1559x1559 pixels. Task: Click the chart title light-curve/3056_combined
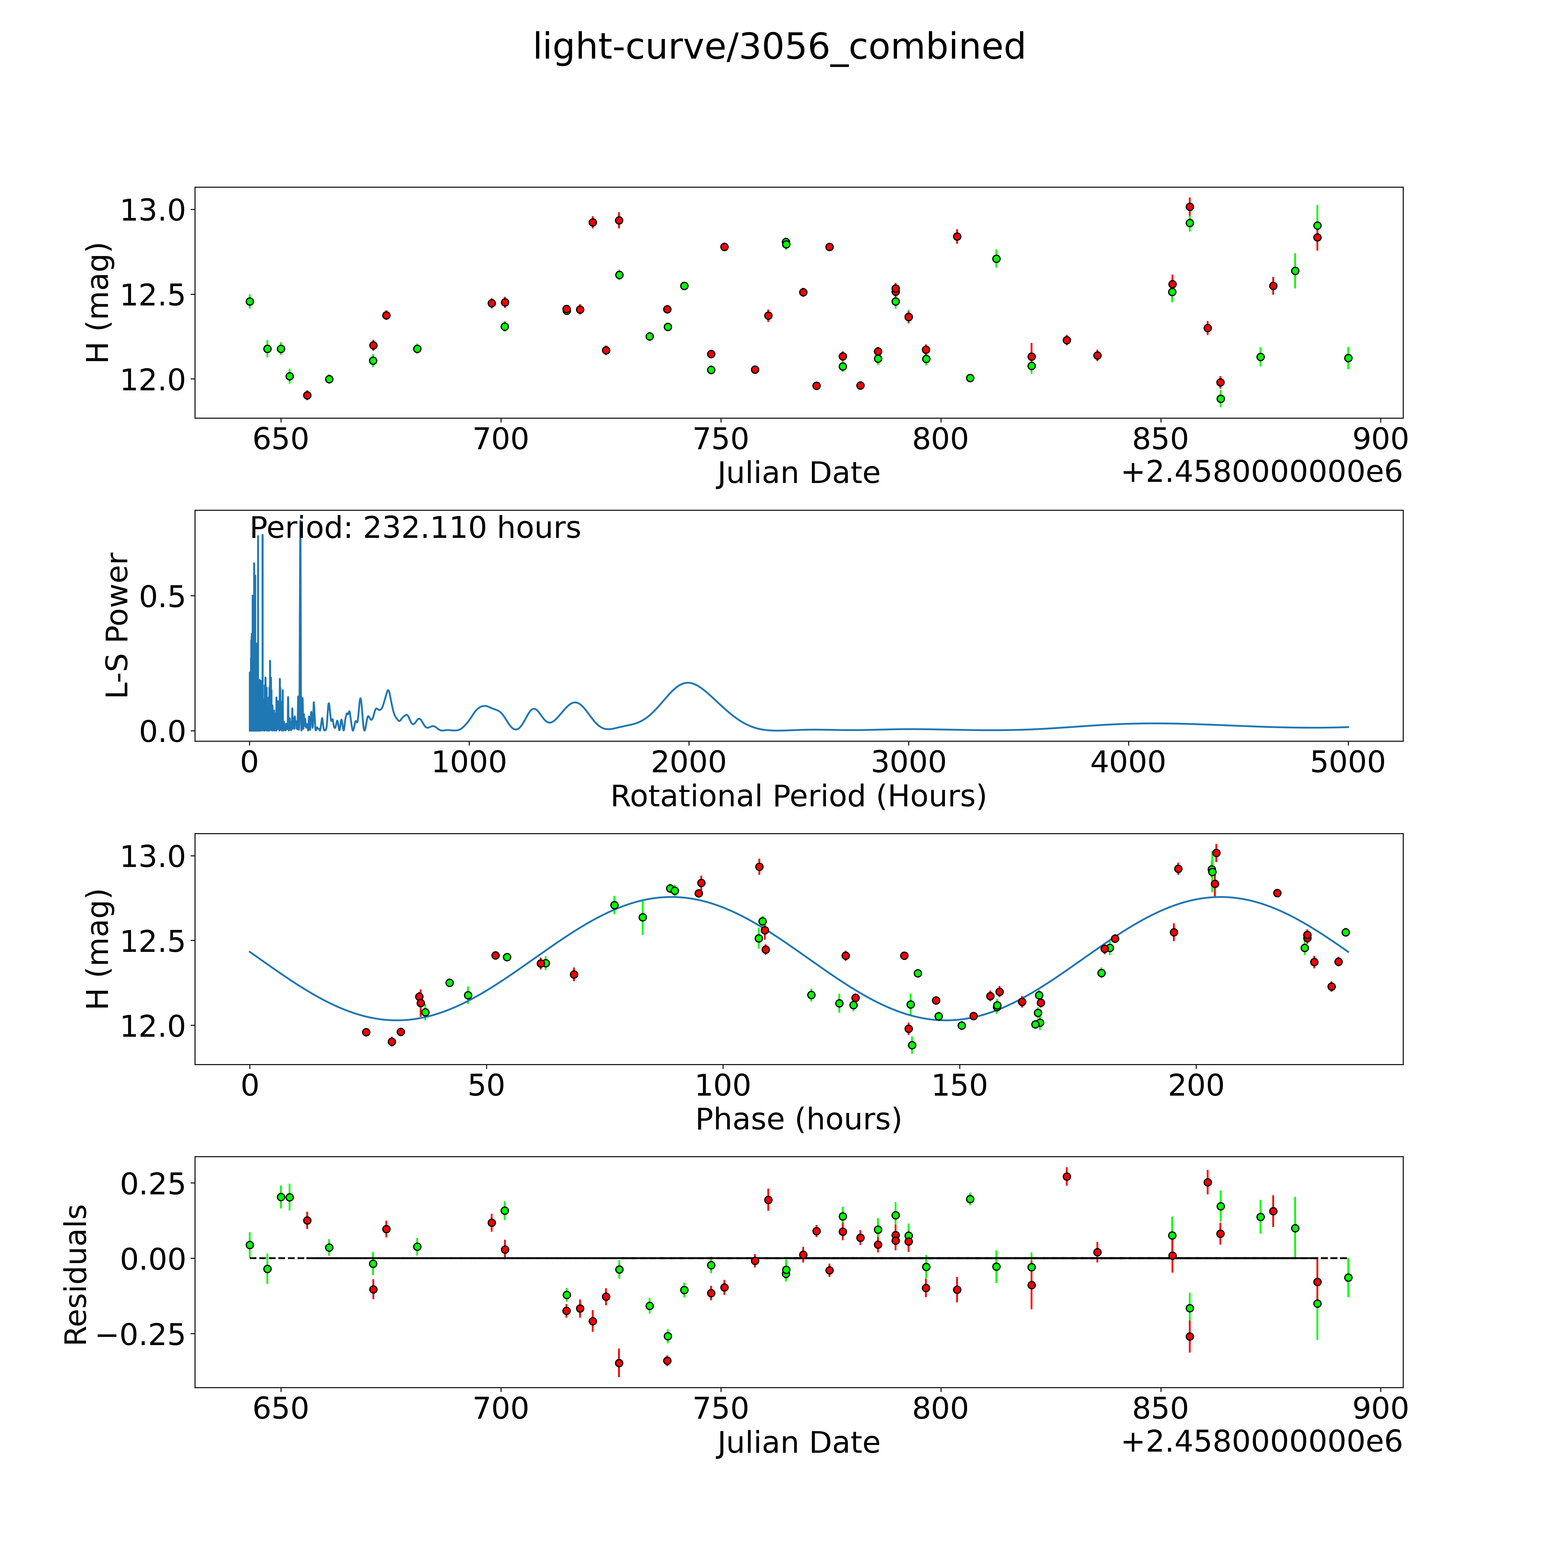[x=779, y=47]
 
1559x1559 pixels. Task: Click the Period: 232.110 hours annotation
[x=415, y=528]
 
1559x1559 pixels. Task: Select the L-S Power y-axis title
[x=118, y=625]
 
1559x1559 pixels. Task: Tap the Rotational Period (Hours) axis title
[x=798, y=797]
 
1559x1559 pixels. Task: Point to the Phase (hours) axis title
[x=798, y=1119]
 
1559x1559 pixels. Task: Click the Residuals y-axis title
[x=76, y=1275]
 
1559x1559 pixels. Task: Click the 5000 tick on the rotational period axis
[x=1348, y=762]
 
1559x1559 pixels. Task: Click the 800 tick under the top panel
[x=940, y=440]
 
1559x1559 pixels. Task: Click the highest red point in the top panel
[x=1189, y=207]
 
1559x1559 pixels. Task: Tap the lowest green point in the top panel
[x=1220, y=399]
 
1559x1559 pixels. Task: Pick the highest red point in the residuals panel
[x=1067, y=1176]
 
